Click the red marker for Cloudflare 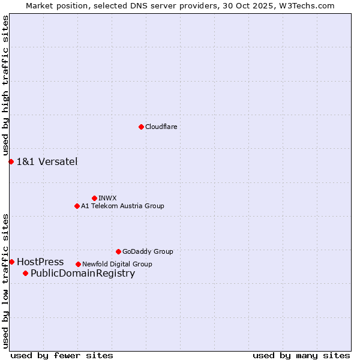(141, 127)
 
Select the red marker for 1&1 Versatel (11, 161)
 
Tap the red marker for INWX (94, 198)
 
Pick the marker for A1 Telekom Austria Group (77, 206)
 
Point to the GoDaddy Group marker (118, 251)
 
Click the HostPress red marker (11, 262)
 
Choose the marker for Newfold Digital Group (78, 264)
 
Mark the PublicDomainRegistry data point (25, 274)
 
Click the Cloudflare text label (161, 127)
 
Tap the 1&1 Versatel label (47, 161)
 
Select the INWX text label (107, 198)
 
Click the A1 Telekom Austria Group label (122, 206)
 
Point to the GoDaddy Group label (148, 251)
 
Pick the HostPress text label (40, 262)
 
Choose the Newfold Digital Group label (117, 264)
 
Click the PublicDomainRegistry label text (83, 274)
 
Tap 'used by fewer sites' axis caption (62, 355)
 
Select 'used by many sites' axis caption (301, 355)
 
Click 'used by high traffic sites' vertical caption (5, 86)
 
